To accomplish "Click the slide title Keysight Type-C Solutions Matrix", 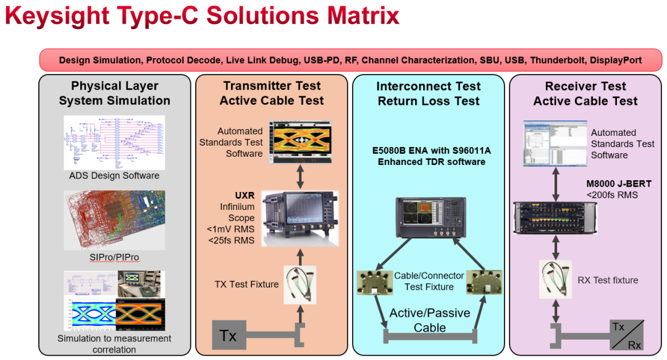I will pos(202,17).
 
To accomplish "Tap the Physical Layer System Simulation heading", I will pos(115,93).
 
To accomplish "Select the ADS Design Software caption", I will pos(114,175).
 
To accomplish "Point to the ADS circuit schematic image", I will pos(114,143).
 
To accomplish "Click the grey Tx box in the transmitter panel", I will pos(227,336).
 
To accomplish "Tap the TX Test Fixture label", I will pos(247,285).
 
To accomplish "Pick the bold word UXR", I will pos(245,195).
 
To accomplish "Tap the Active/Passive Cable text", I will pos(430,320).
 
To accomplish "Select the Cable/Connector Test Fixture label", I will pos(429,282).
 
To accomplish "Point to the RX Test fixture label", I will pos(608,280).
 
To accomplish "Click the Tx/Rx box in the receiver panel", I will pos(625,336).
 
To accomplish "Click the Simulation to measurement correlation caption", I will pos(114,344).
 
